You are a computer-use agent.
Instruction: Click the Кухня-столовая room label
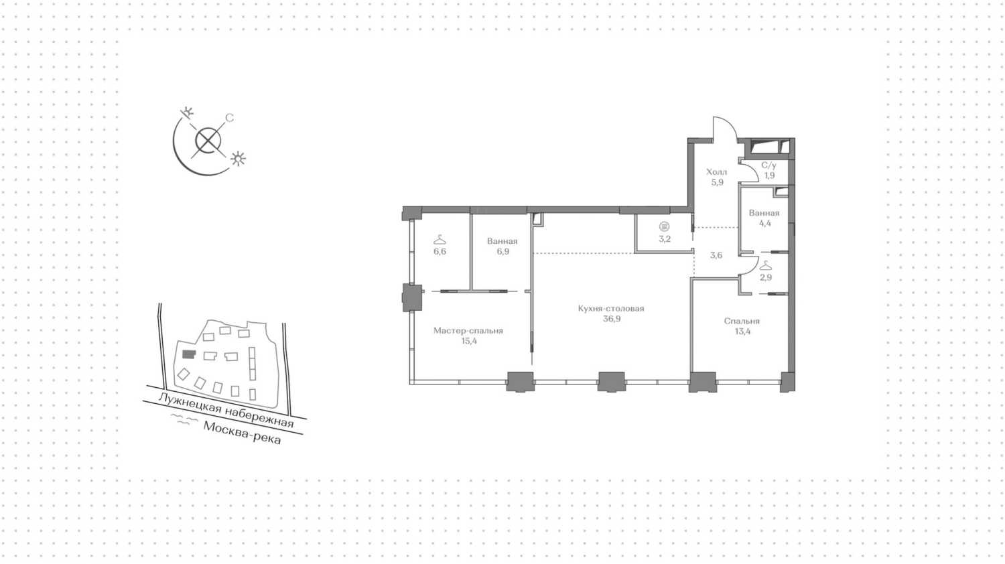(610, 309)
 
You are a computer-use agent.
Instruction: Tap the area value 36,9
(610, 319)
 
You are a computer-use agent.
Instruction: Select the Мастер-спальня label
(468, 330)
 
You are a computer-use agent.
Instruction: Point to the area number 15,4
(468, 341)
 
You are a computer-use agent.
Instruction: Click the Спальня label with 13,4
(742, 321)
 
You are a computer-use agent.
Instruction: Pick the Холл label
(716, 172)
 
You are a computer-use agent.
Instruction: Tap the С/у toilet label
(768, 165)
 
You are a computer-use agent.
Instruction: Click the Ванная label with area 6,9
(502, 241)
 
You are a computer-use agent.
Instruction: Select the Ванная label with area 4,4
(764, 213)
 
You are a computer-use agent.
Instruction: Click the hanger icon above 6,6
(440, 240)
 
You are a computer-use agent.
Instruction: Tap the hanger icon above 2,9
(765, 266)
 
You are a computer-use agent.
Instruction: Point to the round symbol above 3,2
(664, 227)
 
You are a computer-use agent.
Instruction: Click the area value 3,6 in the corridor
(716, 255)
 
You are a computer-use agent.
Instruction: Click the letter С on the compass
(229, 118)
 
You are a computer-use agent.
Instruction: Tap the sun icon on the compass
(238, 159)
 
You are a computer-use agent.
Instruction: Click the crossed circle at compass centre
(208, 141)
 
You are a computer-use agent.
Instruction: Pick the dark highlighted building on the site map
(188, 355)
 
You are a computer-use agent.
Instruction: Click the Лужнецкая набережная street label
(225, 410)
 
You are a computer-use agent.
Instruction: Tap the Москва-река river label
(242, 433)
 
